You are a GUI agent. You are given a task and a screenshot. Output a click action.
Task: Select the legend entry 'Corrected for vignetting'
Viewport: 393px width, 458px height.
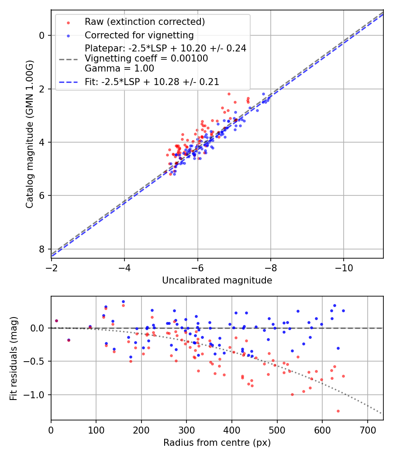coord(139,35)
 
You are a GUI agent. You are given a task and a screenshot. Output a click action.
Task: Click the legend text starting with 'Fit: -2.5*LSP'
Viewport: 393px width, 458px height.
coord(152,82)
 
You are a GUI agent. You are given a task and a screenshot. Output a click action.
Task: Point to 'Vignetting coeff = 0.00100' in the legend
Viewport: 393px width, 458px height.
coord(146,58)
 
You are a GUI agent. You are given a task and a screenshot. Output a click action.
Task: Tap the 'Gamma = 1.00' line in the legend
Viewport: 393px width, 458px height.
coord(119,68)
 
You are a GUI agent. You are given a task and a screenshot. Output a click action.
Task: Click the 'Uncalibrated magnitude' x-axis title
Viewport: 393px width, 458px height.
coord(217,280)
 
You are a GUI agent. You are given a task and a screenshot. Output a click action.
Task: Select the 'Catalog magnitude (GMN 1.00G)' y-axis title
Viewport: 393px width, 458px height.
coord(29,134)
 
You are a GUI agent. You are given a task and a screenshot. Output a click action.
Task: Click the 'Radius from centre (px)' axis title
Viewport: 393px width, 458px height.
coord(217,443)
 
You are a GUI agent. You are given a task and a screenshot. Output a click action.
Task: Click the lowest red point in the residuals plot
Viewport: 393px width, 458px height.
coord(338,411)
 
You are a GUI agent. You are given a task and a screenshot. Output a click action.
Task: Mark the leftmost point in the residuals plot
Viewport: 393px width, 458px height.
coord(56,321)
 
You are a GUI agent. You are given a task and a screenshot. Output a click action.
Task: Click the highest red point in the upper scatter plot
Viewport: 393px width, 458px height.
coord(228,94)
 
